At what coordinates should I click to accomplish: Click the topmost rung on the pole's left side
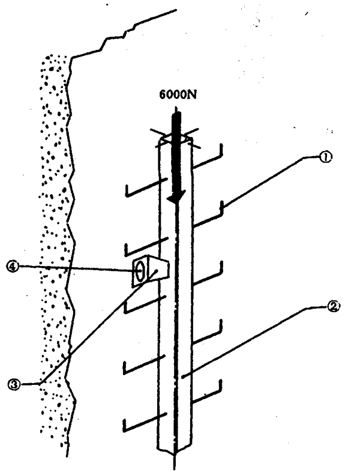point(144,189)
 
